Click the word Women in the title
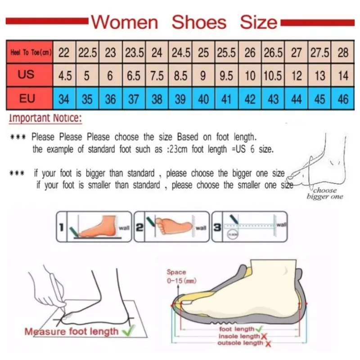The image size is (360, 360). pyautogui.click(x=125, y=22)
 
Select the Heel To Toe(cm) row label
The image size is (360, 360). pyautogui.click(x=30, y=53)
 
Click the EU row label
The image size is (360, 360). pyautogui.click(x=27, y=98)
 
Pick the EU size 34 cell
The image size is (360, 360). pyautogui.click(x=64, y=99)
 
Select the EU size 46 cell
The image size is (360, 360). pyautogui.click(x=343, y=99)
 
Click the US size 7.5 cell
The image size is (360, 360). pyautogui.click(x=157, y=76)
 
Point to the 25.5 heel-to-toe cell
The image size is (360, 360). pyautogui.click(x=227, y=53)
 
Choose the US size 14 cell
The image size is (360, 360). pyautogui.click(x=343, y=76)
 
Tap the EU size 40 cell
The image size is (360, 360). pyautogui.click(x=203, y=99)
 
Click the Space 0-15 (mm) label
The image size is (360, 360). pyautogui.click(x=178, y=276)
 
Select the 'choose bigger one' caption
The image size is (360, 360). pyautogui.click(x=325, y=193)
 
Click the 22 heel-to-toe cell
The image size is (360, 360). pyautogui.click(x=64, y=53)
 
